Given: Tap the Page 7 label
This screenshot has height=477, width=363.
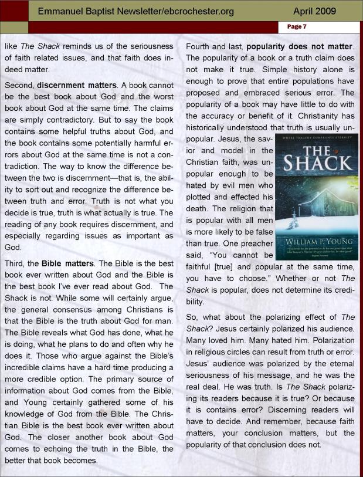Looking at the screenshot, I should [297, 27].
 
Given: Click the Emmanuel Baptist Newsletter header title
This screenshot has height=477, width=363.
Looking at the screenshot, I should [136, 11].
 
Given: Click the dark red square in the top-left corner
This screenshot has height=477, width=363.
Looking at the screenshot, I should [14, 11].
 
